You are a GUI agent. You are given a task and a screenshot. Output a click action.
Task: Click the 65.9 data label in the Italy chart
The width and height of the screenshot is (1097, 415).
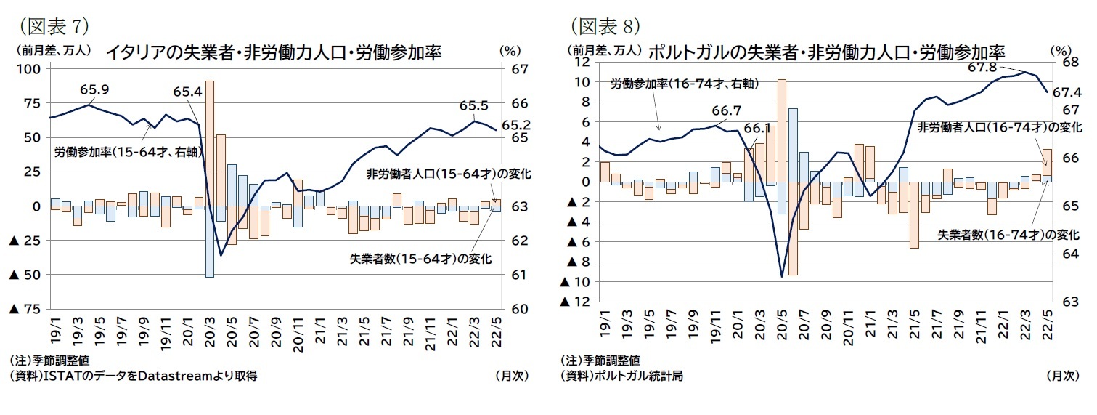[94, 90]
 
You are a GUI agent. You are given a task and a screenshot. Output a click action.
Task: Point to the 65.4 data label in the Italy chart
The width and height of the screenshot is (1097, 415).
[187, 92]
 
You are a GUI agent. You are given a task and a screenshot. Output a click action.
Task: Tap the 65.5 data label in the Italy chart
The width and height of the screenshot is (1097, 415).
[473, 105]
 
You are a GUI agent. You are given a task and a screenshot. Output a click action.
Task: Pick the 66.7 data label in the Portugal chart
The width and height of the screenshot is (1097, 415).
[726, 111]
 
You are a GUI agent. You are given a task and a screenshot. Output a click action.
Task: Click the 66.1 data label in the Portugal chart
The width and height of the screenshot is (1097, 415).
[757, 128]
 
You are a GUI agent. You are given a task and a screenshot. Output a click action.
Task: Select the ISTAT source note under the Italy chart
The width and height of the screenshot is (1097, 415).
[134, 376]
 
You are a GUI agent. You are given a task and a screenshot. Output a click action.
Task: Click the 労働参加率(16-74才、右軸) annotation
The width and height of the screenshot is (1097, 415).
[684, 84]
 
